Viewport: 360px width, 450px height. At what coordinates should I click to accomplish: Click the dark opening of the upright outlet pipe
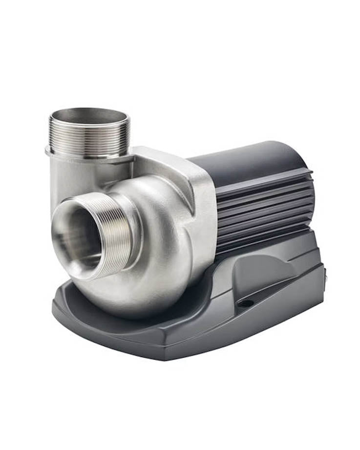click(x=88, y=115)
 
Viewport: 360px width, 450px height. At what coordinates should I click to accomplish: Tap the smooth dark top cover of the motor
click(x=244, y=156)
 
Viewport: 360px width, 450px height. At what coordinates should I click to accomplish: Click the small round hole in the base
click(x=245, y=303)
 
